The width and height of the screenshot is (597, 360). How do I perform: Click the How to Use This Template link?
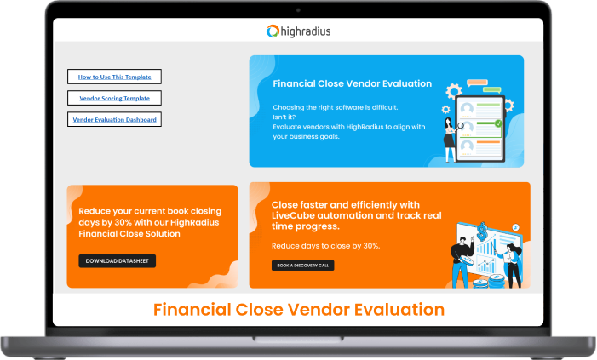[x=114, y=77]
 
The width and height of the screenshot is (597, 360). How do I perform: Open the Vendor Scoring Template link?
[x=114, y=98]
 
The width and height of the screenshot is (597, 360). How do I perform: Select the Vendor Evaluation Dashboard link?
[x=114, y=120]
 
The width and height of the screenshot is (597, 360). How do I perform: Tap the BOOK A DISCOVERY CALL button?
[x=302, y=266]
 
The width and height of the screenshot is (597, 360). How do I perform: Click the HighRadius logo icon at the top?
[x=273, y=31]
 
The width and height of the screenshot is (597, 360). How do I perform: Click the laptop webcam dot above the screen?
[x=298, y=9]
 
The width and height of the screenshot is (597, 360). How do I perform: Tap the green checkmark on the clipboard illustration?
[x=498, y=123]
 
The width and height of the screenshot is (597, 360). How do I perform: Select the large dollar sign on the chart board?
[x=482, y=231]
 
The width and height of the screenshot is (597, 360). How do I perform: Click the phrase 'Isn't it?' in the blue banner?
[x=288, y=117]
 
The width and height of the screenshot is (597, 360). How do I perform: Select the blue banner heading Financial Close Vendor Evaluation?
[x=352, y=84]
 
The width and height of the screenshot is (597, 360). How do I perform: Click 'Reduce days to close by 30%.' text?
[x=325, y=245]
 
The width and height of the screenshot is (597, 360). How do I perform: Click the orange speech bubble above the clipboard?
[x=477, y=83]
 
